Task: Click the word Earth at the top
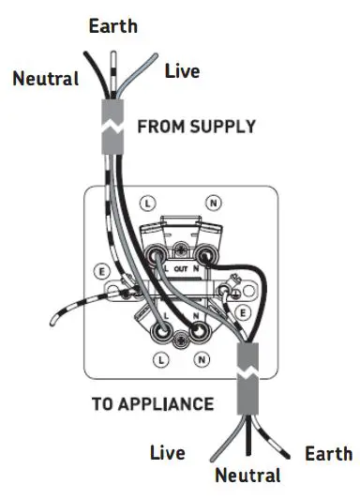click(113, 25)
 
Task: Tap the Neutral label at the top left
click(45, 79)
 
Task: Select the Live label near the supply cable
click(182, 70)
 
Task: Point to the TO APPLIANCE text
click(153, 404)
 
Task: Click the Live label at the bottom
click(167, 454)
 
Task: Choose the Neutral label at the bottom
click(247, 476)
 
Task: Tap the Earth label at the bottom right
click(328, 454)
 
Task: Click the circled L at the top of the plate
click(146, 202)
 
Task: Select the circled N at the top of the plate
click(215, 202)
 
